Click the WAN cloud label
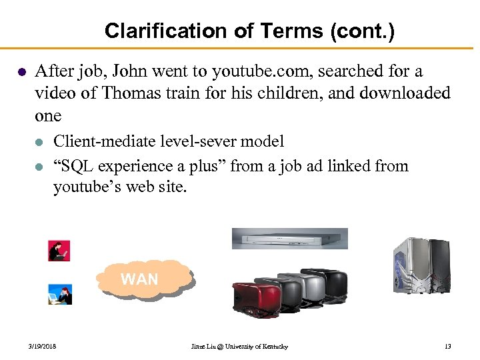(139, 279)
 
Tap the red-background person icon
(59, 251)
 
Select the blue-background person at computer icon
(59, 294)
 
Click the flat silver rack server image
(289, 238)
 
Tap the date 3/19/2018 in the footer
(42, 347)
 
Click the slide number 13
(447, 347)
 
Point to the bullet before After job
(22, 71)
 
